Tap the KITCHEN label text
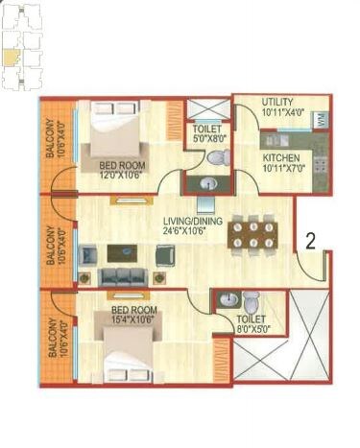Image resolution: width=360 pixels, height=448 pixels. [x=281, y=158]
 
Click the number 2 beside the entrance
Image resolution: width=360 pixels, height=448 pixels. [x=310, y=242]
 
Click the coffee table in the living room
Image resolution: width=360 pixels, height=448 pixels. [x=121, y=253]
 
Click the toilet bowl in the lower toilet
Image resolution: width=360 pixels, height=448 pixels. [x=252, y=298]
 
